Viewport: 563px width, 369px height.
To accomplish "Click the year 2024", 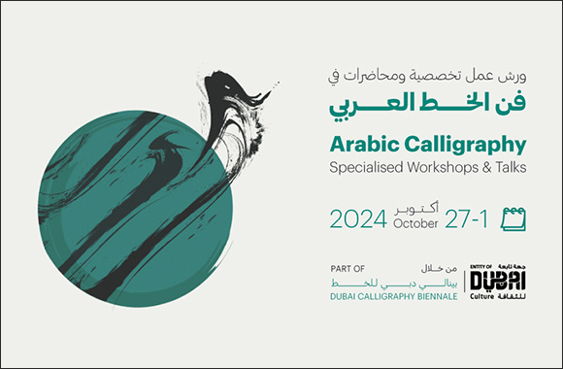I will pos(359,219).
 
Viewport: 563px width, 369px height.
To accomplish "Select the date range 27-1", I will pos(466,219).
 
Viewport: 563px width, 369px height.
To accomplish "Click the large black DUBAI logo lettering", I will pos(494,280).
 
